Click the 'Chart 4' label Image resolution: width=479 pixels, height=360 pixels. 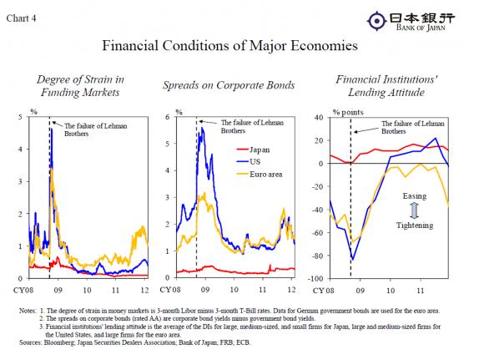[x=23, y=9]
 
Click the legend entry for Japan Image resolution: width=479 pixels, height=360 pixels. [x=268, y=150]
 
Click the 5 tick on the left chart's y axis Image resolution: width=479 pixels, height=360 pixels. [x=21, y=117]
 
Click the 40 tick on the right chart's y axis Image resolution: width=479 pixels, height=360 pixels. [x=319, y=117]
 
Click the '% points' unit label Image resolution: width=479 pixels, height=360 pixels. [x=349, y=110]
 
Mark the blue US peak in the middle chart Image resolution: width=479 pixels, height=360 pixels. [x=200, y=128]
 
